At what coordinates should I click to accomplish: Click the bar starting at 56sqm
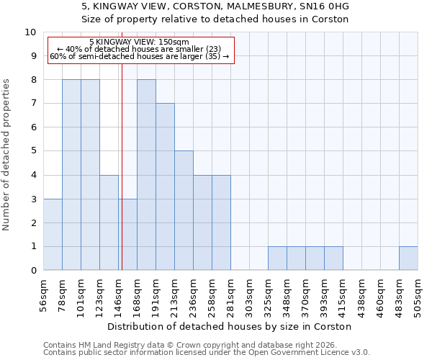(53, 235)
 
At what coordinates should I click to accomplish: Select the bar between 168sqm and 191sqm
(146, 175)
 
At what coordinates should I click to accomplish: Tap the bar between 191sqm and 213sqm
(165, 187)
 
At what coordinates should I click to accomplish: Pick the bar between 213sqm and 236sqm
(184, 211)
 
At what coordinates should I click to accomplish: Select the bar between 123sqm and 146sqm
(109, 222)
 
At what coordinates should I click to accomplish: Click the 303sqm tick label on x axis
(249, 295)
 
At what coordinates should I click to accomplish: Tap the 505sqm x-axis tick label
(418, 295)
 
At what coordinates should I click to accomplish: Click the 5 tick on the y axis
(33, 151)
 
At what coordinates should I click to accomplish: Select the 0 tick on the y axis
(33, 271)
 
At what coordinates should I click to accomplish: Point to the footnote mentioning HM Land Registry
(206, 345)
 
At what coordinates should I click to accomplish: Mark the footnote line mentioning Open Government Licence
(206, 353)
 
